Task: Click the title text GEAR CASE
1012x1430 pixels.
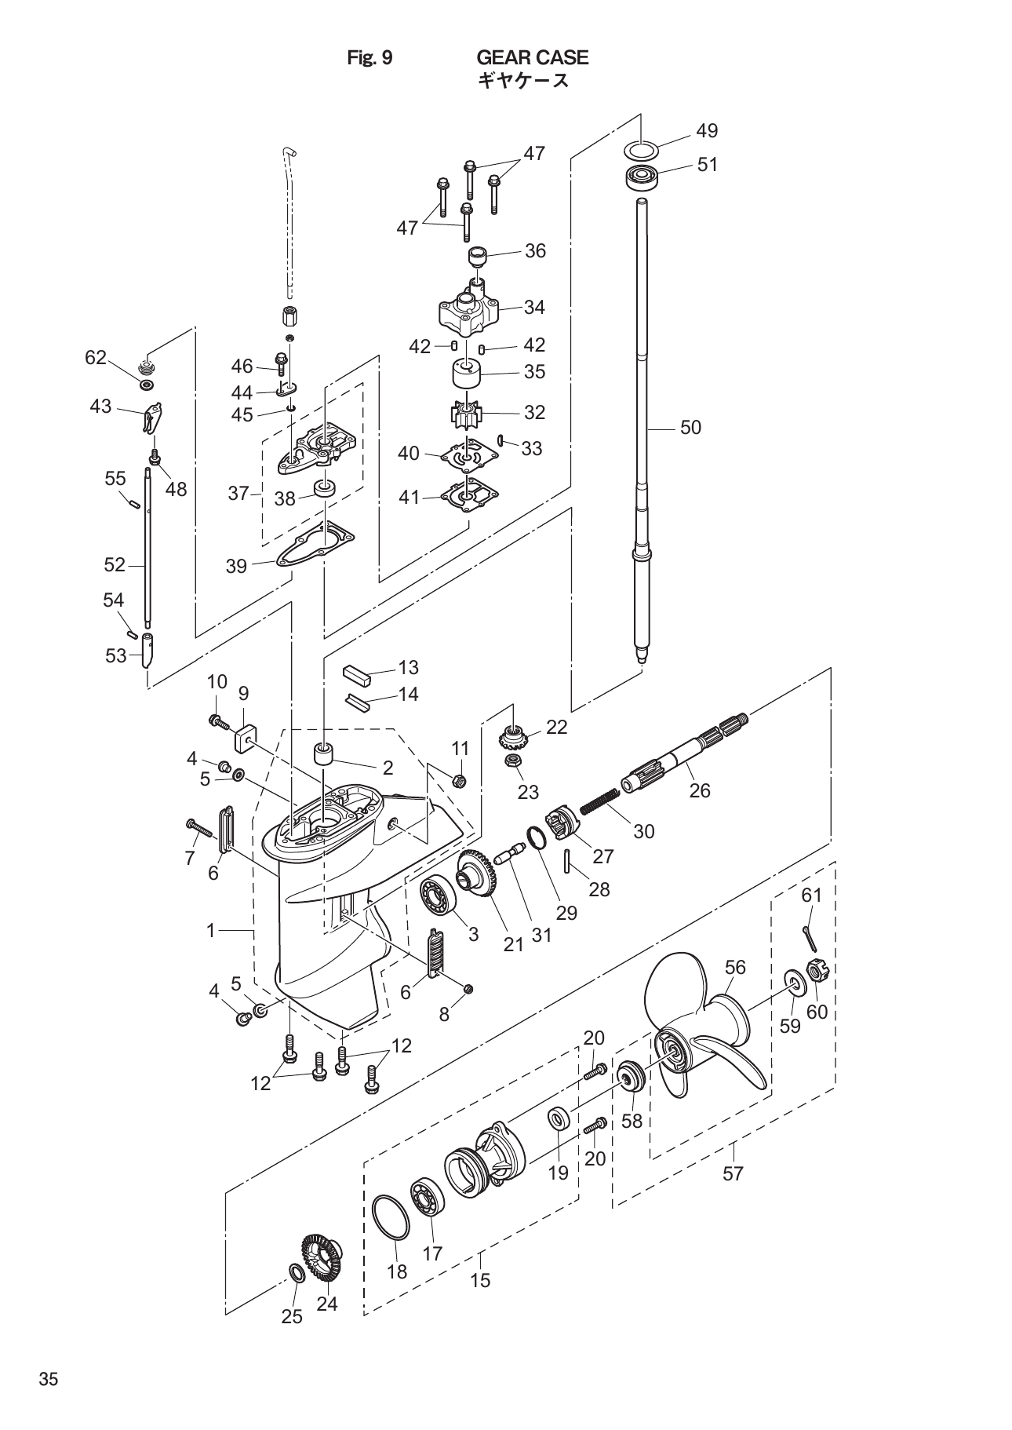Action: pos(532,57)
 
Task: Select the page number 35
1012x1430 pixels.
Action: pos(49,1380)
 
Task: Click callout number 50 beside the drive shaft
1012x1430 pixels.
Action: pos(690,428)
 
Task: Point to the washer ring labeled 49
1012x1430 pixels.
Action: pos(641,149)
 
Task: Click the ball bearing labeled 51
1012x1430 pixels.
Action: pos(641,177)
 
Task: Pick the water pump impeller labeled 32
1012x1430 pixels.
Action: pos(466,413)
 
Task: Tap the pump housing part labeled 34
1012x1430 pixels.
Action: pos(468,312)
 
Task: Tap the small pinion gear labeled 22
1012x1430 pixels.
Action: pos(511,738)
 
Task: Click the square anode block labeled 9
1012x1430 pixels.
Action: pos(246,738)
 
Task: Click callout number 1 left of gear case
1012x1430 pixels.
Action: pos(210,931)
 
